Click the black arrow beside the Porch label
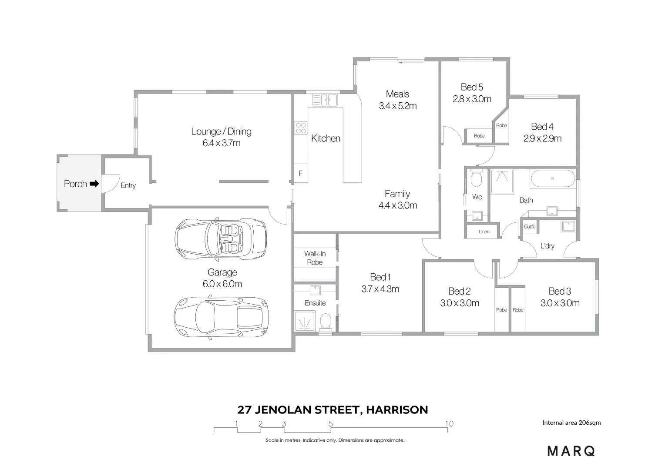pyautogui.click(x=94, y=184)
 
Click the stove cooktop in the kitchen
pyautogui.click(x=301, y=128)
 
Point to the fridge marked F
pyautogui.click(x=300, y=173)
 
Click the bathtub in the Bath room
pyautogui.click(x=552, y=178)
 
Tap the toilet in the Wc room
pyautogui.click(x=476, y=178)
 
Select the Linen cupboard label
pyautogui.click(x=484, y=232)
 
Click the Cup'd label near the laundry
pyautogui.click(x=530, y=227)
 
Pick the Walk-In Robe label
pyautogui.click(x=315, y=258)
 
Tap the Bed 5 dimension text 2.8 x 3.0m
pyautogui.click(x=472, y=99)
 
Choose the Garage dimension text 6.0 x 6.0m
pyautogui.click(x=222, y=284)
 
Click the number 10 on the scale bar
pyautogui.click(x=449, y=423)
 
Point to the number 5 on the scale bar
pyautogui.click(x=331, y=423)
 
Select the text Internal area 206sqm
pyautogui.click(x=571, y=423)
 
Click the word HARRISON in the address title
pyautogui.click(x=396, y=410)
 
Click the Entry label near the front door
pyautogui.click(x=128, y=185)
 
